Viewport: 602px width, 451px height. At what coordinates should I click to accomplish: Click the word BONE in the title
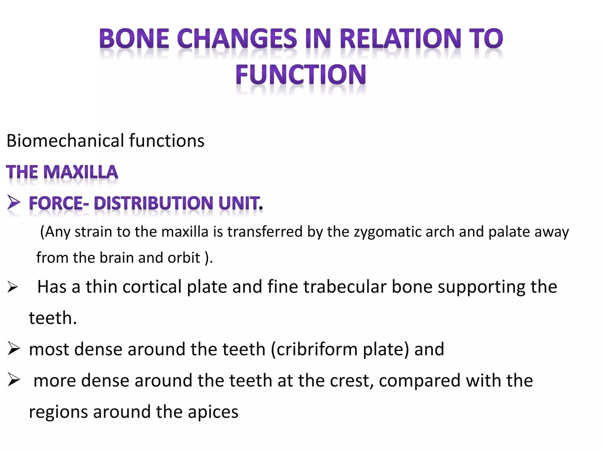(134, 39)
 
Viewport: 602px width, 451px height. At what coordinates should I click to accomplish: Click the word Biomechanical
(65, 141)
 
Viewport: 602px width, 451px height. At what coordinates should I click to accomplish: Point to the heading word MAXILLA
(81, 172)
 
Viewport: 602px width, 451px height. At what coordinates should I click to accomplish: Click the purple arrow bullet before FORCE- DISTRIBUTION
(14, 203)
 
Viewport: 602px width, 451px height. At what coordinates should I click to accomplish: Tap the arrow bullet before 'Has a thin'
(13, 287)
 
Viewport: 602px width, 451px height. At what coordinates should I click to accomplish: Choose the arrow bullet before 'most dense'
(14, 349)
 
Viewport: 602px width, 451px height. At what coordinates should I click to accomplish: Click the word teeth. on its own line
(53, 318)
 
